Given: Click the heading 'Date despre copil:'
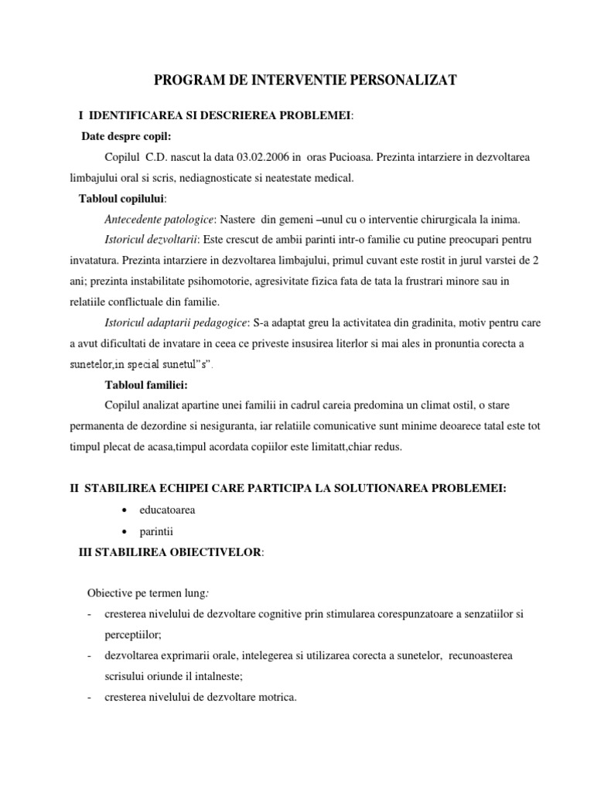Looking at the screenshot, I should pos(125,136).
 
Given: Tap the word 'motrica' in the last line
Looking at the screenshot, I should pos(277,697).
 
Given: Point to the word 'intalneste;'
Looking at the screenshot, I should pos(217,676).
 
